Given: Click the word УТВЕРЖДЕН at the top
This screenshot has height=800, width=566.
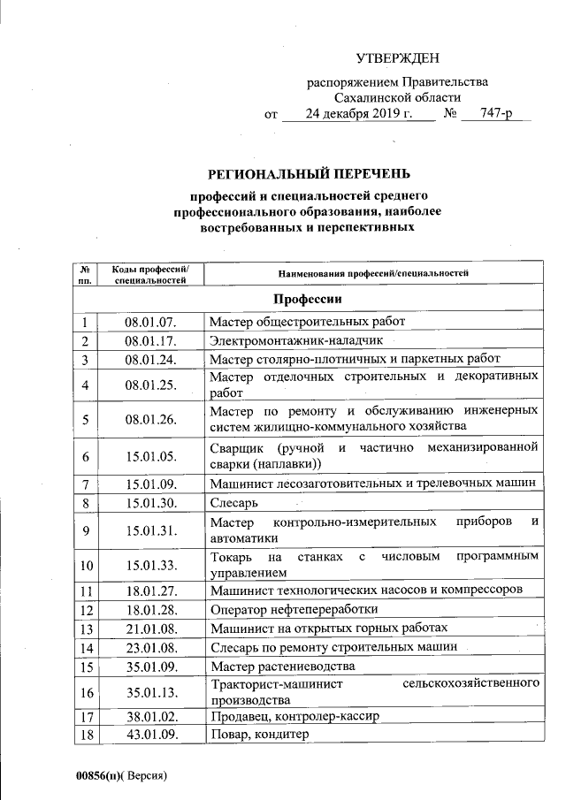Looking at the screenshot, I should pos(397,59).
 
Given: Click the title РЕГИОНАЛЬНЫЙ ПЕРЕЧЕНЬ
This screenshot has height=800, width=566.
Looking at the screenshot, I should pos(309,172).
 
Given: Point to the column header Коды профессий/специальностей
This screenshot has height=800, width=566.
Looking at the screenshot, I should pos(150,274).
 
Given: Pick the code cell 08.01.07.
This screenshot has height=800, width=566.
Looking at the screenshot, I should pos(150,322).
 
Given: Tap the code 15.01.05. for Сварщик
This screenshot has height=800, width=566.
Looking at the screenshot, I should pos(150,456).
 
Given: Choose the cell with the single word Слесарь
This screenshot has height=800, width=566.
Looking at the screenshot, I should pos(234,503).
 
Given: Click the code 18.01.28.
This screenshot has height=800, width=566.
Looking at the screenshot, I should pos(150,609).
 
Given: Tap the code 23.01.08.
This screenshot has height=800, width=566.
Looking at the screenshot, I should pos(150,647).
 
